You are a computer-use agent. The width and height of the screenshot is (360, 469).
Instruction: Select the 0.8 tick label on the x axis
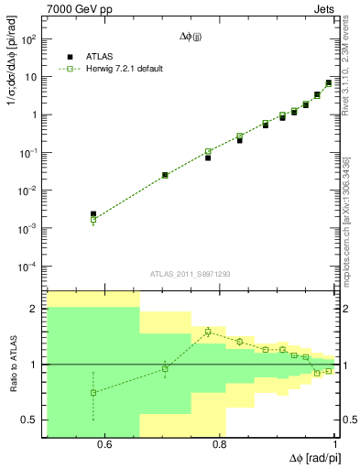220,446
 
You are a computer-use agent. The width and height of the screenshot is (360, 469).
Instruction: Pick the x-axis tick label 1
334,446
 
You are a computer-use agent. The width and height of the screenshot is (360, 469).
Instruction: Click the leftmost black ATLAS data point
93,214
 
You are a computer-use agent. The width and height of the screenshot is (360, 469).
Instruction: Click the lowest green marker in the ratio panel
93,392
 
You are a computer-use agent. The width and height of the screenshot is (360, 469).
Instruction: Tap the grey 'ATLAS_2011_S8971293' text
190,274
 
